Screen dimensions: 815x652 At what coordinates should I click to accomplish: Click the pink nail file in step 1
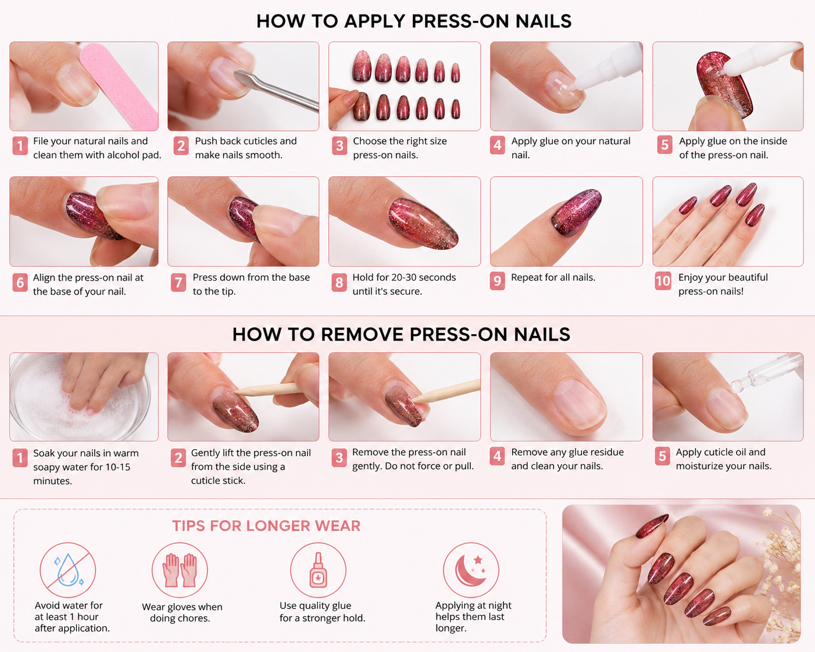click(119, 86)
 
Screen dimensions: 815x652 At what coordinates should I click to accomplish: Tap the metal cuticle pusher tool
click(277, 91)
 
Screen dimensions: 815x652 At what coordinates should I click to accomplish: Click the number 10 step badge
click(663, 281)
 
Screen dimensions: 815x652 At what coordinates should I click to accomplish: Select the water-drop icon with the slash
click(68, 570)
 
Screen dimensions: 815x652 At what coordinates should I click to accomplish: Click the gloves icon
click(180, 570)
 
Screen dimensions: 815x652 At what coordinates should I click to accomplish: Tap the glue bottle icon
click(318, 570)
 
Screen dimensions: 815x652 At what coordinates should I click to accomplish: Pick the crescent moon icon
click(471, 570)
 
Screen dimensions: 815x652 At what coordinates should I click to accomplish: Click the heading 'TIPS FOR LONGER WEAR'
click(266, 526)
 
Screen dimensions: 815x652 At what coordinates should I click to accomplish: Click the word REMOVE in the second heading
click(362, 335)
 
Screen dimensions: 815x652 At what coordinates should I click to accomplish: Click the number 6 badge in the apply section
click(20, 282)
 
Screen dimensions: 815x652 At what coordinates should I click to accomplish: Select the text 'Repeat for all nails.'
click(553, 278)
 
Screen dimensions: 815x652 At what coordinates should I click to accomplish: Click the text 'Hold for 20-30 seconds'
click(404, 278)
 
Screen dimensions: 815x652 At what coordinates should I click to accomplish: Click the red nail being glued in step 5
click(723, 85)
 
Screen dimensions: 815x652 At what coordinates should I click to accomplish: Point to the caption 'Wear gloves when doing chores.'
click(182, 612)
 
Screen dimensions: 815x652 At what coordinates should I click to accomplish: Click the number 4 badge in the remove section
click(497, 457)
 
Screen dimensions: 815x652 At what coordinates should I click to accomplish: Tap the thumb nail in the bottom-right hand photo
click(652, 525)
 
